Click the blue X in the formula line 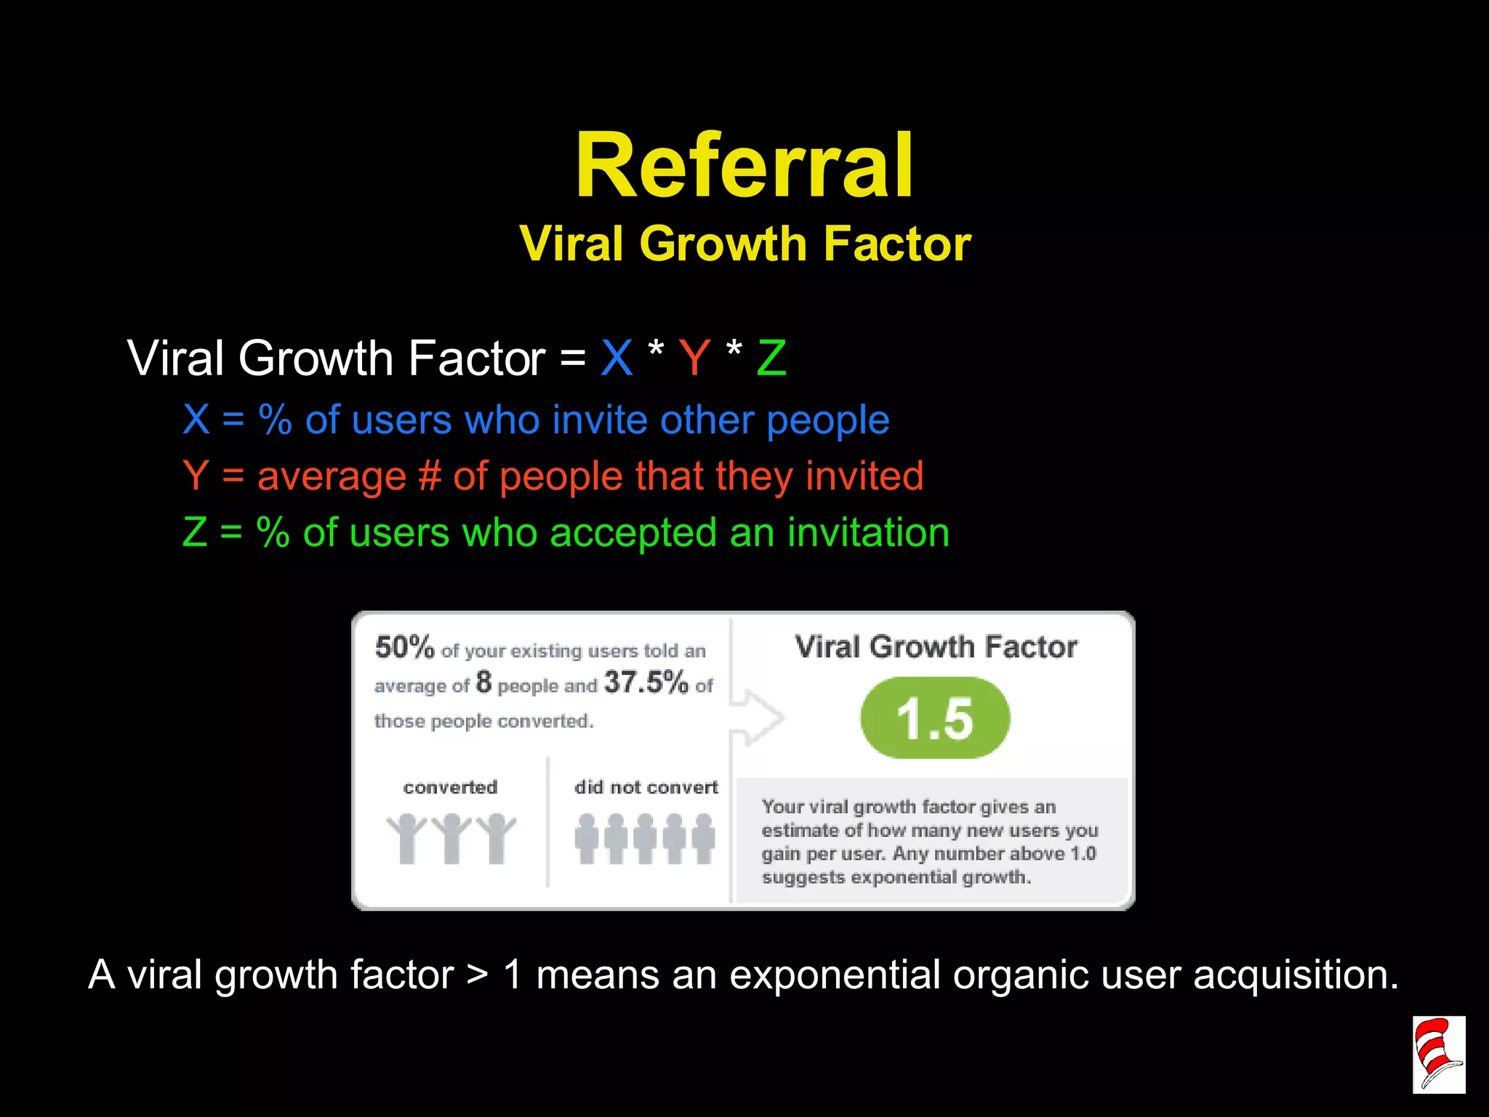(617, 358)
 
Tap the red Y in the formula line (694, 358)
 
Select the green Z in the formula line (771, 358)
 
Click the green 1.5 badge (935, 718)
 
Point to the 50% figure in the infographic (404, 646)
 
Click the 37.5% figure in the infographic (646, 682)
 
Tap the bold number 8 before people (483, 683)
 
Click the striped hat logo (1438, 1054)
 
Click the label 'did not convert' (646, 787)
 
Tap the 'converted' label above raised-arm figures (450, 787)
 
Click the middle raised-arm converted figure (451, 838)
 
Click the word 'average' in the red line (332, 476)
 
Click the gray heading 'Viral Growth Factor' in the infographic (936, 646)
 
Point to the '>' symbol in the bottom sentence (478, 974)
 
